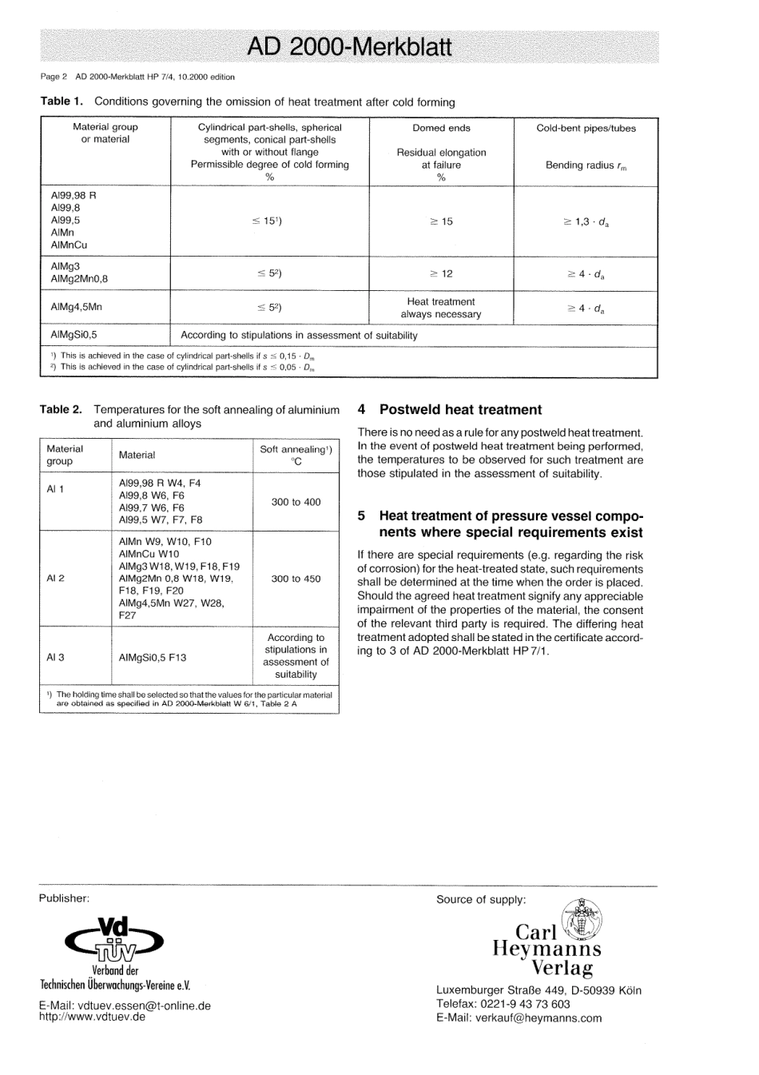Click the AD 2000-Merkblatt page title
[349, 47]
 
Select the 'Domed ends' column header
[441, 128]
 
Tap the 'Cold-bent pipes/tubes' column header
[586, 128]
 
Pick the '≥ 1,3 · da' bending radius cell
[586, 221]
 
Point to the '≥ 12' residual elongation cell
[441, 273]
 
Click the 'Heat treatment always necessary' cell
[441, 308]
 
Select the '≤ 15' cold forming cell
[269, 221]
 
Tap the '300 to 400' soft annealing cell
[296, 502]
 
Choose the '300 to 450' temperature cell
[296, 579]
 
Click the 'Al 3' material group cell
[55, 657]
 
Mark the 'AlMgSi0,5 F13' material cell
[153, 657]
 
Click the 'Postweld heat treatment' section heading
[460, 410]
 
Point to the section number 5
[362, 516]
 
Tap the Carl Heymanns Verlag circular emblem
[582, 919]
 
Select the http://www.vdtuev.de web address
[92, 1017]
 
